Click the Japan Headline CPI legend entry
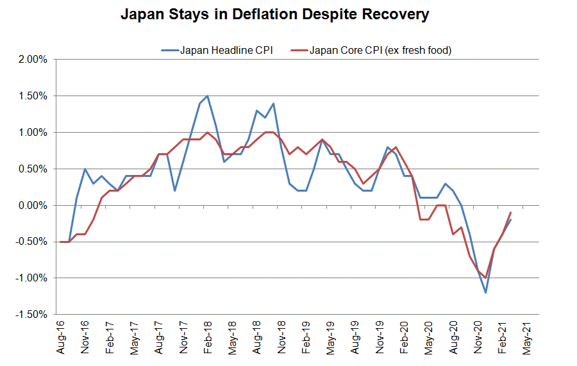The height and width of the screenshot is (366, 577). pos(218,50)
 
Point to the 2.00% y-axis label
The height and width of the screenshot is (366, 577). pos(31,60)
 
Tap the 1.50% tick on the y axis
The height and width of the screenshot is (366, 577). pos(31,96)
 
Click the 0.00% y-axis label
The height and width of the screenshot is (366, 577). pos(31,206)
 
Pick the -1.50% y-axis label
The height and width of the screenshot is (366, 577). pos(29,315)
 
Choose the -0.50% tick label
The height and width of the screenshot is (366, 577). pos(29,242)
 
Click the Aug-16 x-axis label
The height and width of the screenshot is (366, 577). pos(62,337)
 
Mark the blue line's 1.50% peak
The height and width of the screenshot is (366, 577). pos(207,96)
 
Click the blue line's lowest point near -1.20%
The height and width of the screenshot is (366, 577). pos(486,293)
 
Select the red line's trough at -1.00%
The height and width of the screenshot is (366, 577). pos(486,278)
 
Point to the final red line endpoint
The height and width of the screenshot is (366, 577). pos(510,213)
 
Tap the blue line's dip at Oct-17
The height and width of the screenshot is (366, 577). pos(175,191)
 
